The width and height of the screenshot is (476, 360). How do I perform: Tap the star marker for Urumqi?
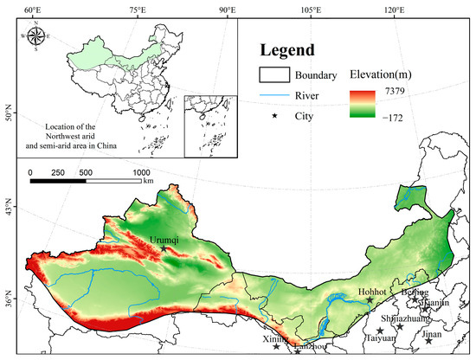pyautogui.click(x=164, y=248)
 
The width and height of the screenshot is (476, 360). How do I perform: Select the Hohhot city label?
pyautogui.click(x=370, y=292)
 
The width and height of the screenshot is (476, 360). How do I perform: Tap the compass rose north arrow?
pyautogui.click(x=37, y=37)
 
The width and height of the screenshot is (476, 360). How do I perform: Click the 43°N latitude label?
pyautogui.click(x=8, y=210)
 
